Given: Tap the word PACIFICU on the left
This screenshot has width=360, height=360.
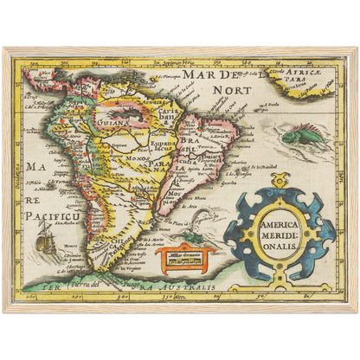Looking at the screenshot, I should (x=54, y=213).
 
